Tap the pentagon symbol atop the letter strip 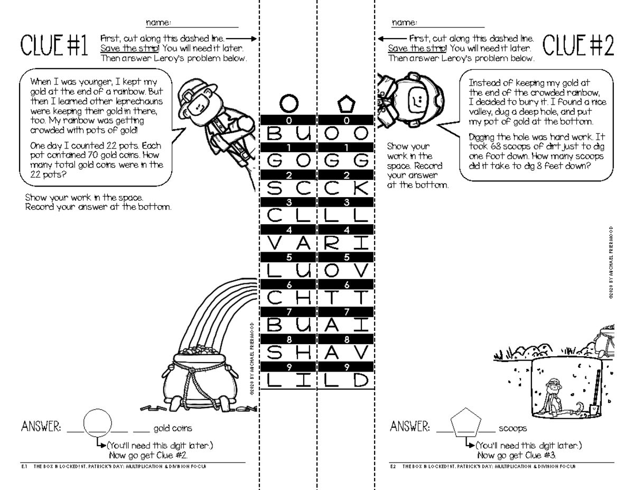click(346, 105)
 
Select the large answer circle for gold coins click(97, 423)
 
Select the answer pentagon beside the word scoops click(467, 422)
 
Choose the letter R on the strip click(331, 244)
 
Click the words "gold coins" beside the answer click(173, 429)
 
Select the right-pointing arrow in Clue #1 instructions click(242, 39)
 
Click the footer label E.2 click(393, 467)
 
